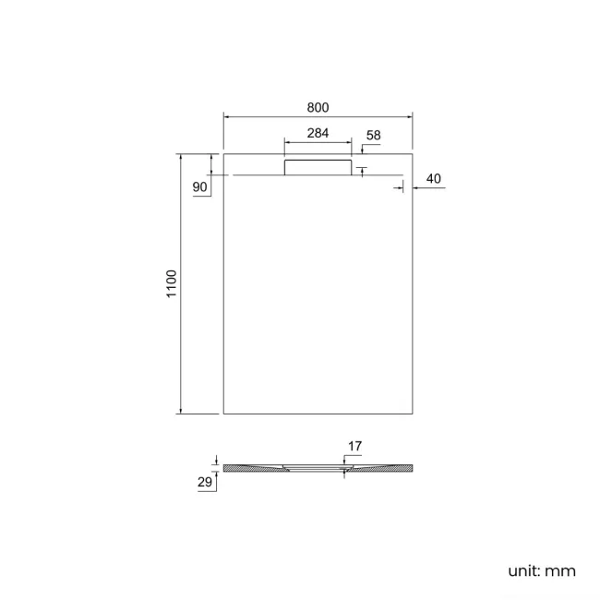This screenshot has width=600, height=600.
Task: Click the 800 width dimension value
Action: pyautogui.click(x=318, y=107)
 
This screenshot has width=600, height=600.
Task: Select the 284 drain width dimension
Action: pyautogui.click(x=318, y=133)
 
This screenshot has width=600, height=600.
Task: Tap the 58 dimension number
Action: pyautogui.click(x=373, y=136)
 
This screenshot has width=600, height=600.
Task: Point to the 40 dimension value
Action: pyautogui.click(x=435, y=178)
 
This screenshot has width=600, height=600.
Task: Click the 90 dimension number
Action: pyautogui.click(x=199, y=187)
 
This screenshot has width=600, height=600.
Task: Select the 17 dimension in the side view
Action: pyautogui.click(x=354, y=447)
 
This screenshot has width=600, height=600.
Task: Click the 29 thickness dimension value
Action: pyautogui.click(x=205, y=482)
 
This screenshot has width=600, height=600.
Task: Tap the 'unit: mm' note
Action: pyautogui.click(x=542, y=570)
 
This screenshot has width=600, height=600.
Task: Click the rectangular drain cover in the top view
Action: pyautogui.click(x=318, y=166)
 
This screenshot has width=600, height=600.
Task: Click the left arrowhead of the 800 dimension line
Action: pyautogui.click(x=227, y=117)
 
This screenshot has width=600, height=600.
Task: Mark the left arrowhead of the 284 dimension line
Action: pyautogui.click(x=286, y=143)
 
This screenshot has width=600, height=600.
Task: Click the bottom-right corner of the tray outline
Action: pyautogui.click(x=412, y=414)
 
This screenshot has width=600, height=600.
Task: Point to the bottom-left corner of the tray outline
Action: pyautogui.click(x=224, y=414)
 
